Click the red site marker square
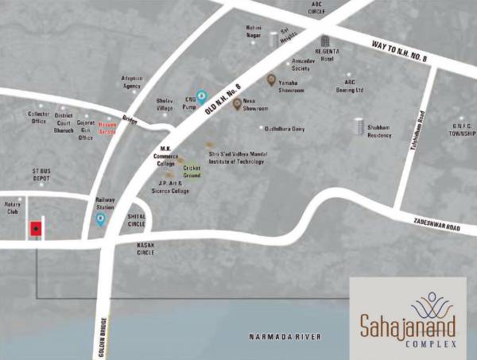click(x=35, y=230)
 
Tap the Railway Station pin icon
click(x=100, y=220)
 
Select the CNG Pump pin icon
click(x=202, y=96)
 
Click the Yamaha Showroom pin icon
click(x=271, y=79)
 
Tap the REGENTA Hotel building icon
click(x=324, y=41)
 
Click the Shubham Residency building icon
click(x=359, y=126)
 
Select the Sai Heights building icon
click(x=274, y=39)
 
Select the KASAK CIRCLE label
click(x=145, y=249)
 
